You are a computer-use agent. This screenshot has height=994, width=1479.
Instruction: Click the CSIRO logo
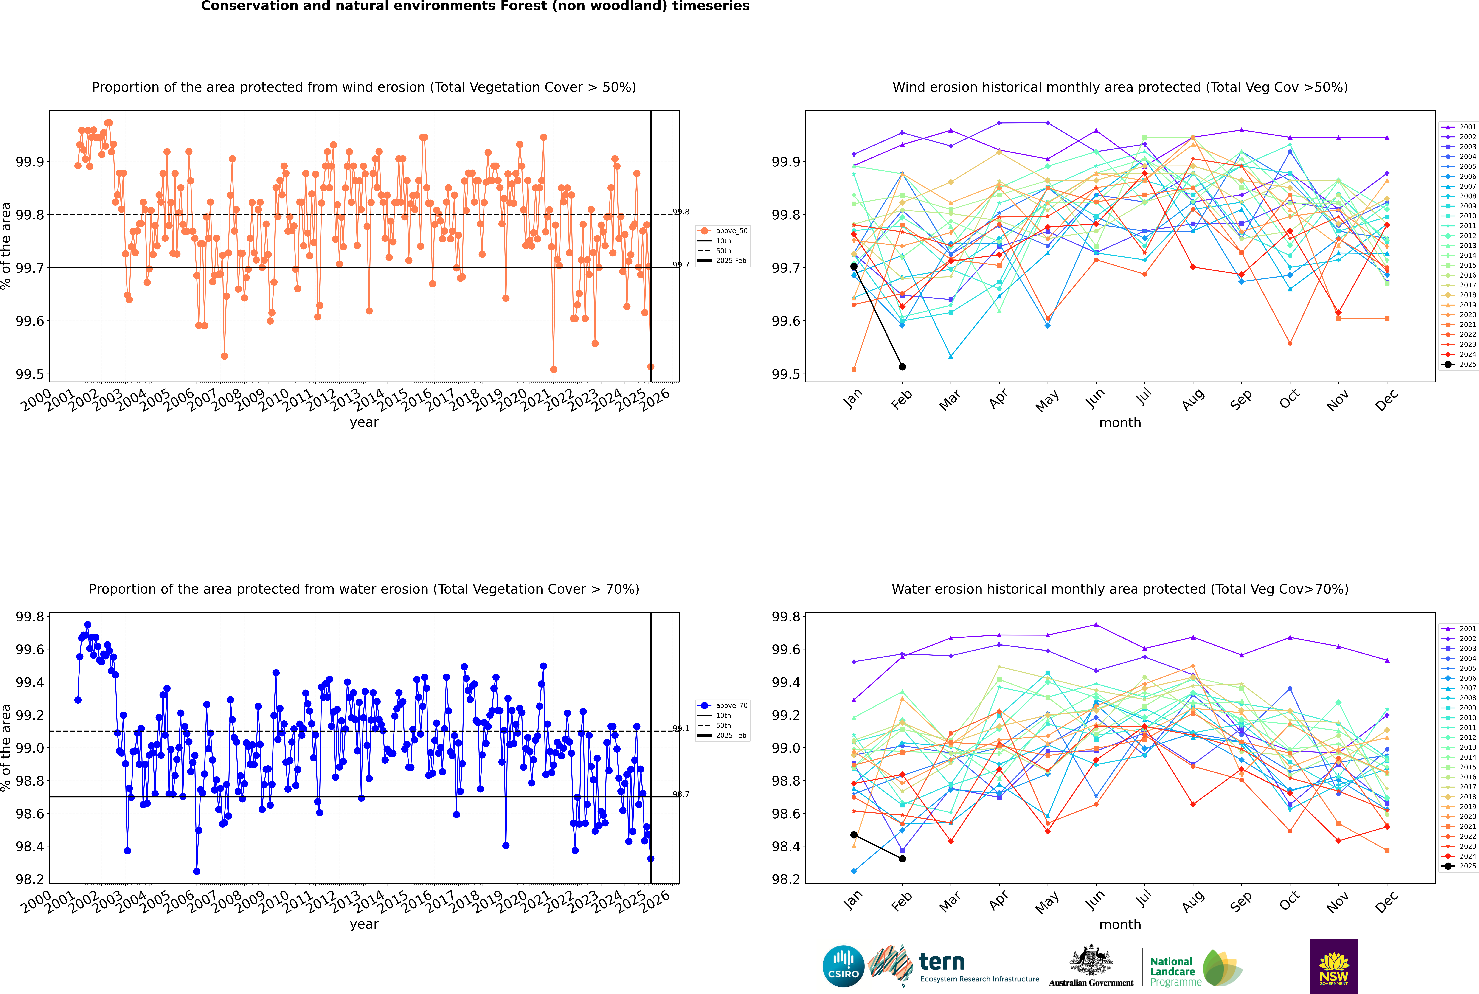[843, 966]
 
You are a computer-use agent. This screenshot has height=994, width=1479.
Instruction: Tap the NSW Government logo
[1334, 966]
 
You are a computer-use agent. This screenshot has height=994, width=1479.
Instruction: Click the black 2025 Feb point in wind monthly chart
[902, 366]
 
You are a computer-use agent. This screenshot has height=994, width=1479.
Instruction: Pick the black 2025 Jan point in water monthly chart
[854, 835]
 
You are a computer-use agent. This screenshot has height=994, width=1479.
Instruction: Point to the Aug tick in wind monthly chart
[1193, 399]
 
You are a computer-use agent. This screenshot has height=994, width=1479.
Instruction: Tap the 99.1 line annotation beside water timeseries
[681, 728]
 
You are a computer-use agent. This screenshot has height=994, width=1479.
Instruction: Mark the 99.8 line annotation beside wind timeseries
[681, 212]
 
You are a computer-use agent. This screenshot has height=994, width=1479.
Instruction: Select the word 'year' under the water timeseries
[364, 924]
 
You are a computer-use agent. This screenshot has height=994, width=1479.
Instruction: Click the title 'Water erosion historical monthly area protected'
[1119, 589]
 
